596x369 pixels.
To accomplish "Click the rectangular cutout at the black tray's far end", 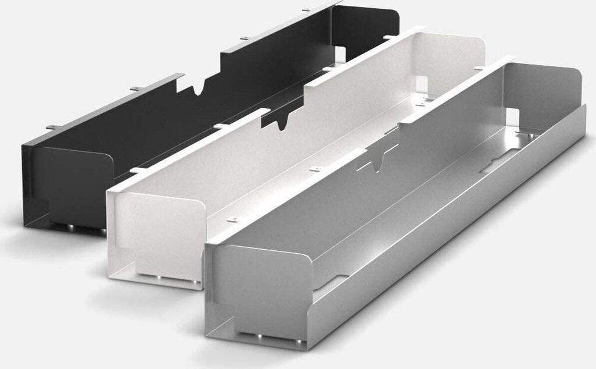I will (339, 55).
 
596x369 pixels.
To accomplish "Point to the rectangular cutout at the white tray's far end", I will (422, 85).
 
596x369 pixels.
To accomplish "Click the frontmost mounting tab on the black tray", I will (53, 126).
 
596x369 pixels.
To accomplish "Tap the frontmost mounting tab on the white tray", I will (137, 170).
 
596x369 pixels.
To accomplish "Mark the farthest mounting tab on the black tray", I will (306, 9).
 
